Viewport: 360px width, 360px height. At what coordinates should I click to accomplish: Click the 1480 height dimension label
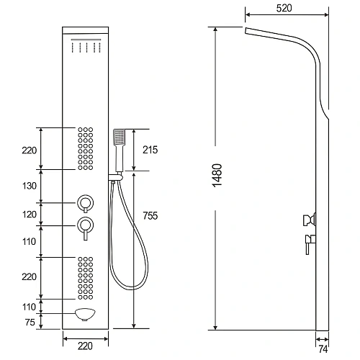coord(217,176)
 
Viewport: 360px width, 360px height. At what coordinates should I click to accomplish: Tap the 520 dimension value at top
coord(284,8)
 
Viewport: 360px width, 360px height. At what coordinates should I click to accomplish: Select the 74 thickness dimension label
coord(323,349)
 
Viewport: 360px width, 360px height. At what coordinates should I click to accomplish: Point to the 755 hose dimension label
coord(150,215)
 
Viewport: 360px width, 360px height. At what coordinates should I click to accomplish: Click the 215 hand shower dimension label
coord(150,150)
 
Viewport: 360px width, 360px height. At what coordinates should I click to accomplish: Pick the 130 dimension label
coord(30,186)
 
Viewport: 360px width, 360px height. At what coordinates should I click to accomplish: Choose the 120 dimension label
coord(30,215)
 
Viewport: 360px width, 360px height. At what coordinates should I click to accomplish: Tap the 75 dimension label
coord(30,322)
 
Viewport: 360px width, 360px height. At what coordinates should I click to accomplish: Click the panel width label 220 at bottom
coord(85,346)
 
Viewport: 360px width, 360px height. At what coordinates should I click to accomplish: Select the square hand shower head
coord(119,137)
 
